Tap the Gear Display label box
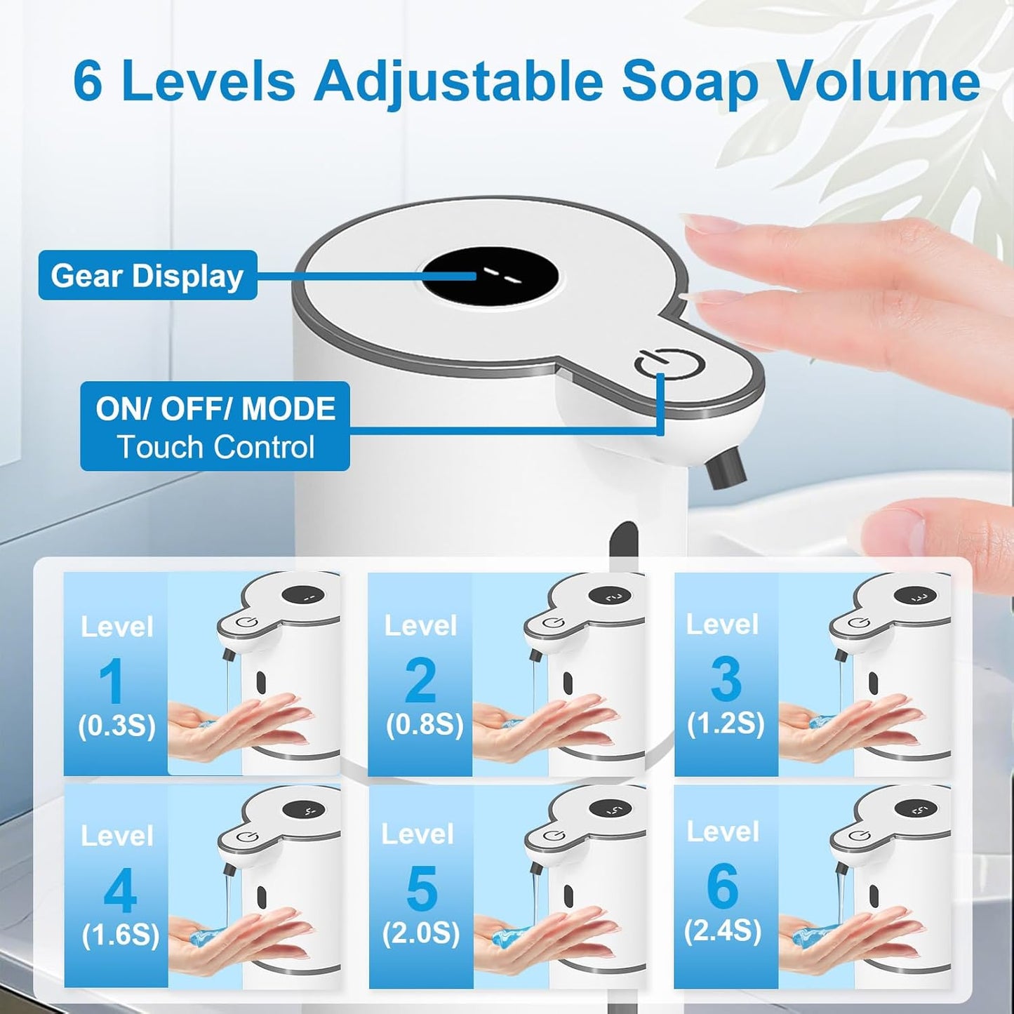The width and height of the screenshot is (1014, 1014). click(x=147, y=276)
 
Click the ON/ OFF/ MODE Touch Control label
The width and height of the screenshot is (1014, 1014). click(x=215, y=427)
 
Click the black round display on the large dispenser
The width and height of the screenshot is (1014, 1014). click(x=490, y=276)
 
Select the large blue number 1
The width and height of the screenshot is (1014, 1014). click(x=112, y=681)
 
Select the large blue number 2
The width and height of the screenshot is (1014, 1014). click(x=420, y=680)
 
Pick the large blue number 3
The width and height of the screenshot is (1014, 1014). click(x=726, y=679)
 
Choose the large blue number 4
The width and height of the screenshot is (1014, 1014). click(x=120, y=891)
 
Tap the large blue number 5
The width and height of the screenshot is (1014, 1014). click(x=422, y=888)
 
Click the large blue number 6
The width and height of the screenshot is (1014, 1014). click(x=723, y=886)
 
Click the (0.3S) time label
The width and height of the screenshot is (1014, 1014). click(x=116, y=726)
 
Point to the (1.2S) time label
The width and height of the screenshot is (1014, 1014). click(x=726, y=723)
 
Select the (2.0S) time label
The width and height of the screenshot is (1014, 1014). click(x=421, y=933)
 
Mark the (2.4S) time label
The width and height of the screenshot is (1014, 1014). click(x=723, y=930)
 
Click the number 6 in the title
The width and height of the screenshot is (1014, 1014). click(x=88, y=82)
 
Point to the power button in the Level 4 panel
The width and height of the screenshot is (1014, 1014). click(x=244, y=836)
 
